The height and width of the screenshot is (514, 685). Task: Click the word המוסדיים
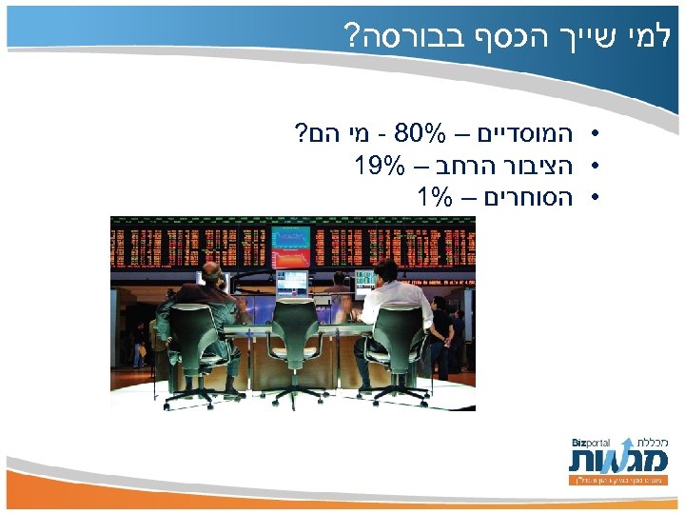(x=527, y=130)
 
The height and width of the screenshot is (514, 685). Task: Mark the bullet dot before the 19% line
(x=593, y=165)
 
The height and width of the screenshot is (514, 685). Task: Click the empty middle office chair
(x=294, y=333)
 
